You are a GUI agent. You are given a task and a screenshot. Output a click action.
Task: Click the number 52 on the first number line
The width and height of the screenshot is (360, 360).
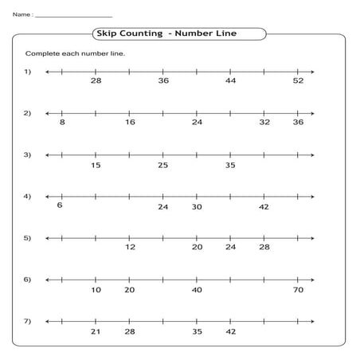coord(298,81)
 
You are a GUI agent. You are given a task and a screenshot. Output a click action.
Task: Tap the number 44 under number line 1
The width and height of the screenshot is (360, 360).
coord(230,81)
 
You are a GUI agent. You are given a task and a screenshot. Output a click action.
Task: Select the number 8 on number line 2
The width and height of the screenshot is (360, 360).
coord(62,123)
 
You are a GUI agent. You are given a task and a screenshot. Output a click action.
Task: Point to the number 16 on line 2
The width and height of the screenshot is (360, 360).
coord(130,123)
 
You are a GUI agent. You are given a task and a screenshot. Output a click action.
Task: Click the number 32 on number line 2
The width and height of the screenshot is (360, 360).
coord(264,123)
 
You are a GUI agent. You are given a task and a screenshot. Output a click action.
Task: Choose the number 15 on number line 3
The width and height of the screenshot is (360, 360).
coord(96,165)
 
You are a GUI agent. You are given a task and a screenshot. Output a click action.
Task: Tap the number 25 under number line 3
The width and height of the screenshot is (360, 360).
coord(163,165)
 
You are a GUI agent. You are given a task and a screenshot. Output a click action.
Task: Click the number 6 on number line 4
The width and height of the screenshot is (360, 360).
coord(60,205)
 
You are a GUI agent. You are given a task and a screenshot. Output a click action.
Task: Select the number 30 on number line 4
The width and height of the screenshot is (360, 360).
coord(197,206)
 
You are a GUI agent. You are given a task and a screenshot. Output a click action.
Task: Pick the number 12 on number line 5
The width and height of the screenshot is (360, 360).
coord(130,248)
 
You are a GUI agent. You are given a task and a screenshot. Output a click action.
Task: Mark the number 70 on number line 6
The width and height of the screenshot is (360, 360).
coord(298,290)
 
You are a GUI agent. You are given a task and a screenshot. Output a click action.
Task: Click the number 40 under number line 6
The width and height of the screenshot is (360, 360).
coord(197,290)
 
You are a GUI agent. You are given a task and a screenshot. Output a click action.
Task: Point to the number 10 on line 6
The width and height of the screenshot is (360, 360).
coord(96,290)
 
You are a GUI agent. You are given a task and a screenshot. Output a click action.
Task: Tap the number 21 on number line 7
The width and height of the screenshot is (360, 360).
coord(96,331)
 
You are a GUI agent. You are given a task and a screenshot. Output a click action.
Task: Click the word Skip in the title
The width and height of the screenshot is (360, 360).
coord(106,33)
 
